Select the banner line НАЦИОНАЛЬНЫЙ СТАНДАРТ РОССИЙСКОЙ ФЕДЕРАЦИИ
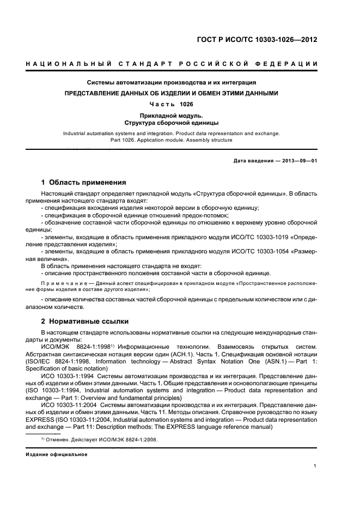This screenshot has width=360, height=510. point(172,65)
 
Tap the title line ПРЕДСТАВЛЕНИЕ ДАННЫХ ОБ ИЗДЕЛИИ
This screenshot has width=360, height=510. point(172,93)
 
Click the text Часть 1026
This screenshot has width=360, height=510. point(172,104)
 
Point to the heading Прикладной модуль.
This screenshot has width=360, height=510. point(172,116)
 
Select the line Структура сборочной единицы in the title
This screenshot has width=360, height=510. point(172,123)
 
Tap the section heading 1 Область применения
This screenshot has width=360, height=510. point(84,182)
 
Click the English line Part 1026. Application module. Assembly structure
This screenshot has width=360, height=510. point(172,140)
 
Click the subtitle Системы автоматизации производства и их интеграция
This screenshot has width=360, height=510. point(172,83)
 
